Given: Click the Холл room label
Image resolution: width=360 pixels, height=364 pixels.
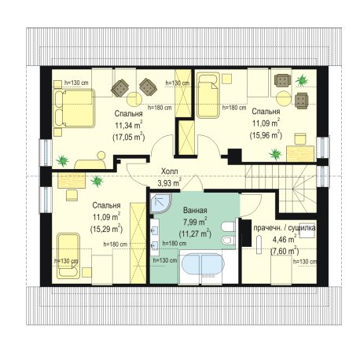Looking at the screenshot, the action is (169, 171).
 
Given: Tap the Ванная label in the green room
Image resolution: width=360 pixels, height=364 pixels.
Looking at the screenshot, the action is (195, 211).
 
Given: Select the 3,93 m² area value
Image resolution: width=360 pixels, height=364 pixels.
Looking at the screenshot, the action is (169, 182).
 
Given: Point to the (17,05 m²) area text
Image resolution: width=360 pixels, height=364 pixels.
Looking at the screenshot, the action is (129, 137).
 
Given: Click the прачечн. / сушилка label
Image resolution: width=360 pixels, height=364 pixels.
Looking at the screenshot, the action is (285, 228).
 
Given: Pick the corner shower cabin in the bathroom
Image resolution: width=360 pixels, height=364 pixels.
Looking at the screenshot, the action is (160, 203).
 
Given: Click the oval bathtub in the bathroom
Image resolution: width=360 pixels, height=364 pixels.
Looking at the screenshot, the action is (203, 264).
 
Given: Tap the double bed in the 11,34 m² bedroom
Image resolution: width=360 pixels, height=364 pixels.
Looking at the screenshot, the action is (74, 108).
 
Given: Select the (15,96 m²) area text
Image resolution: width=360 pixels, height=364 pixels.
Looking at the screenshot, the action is (266, 135).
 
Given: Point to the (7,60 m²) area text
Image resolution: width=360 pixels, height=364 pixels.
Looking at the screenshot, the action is (285, 251).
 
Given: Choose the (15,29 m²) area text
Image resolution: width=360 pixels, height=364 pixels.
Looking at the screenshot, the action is (106, 229).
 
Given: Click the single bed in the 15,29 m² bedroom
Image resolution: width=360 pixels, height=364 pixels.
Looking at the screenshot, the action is (68, 256).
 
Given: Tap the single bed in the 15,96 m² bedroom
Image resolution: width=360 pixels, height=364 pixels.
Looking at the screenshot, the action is (208, 95).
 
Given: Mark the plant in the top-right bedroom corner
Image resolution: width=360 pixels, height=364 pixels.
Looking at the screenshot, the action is (302, 80).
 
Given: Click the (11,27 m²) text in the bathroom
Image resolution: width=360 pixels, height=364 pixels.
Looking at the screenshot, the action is (195, 233).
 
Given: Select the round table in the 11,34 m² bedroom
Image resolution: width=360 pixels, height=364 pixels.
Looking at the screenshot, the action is (134, 99).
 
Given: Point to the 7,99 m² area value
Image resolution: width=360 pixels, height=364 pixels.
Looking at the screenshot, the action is (195, 222).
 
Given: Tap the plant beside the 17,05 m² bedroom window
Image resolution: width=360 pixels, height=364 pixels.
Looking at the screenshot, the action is (63, 160).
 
